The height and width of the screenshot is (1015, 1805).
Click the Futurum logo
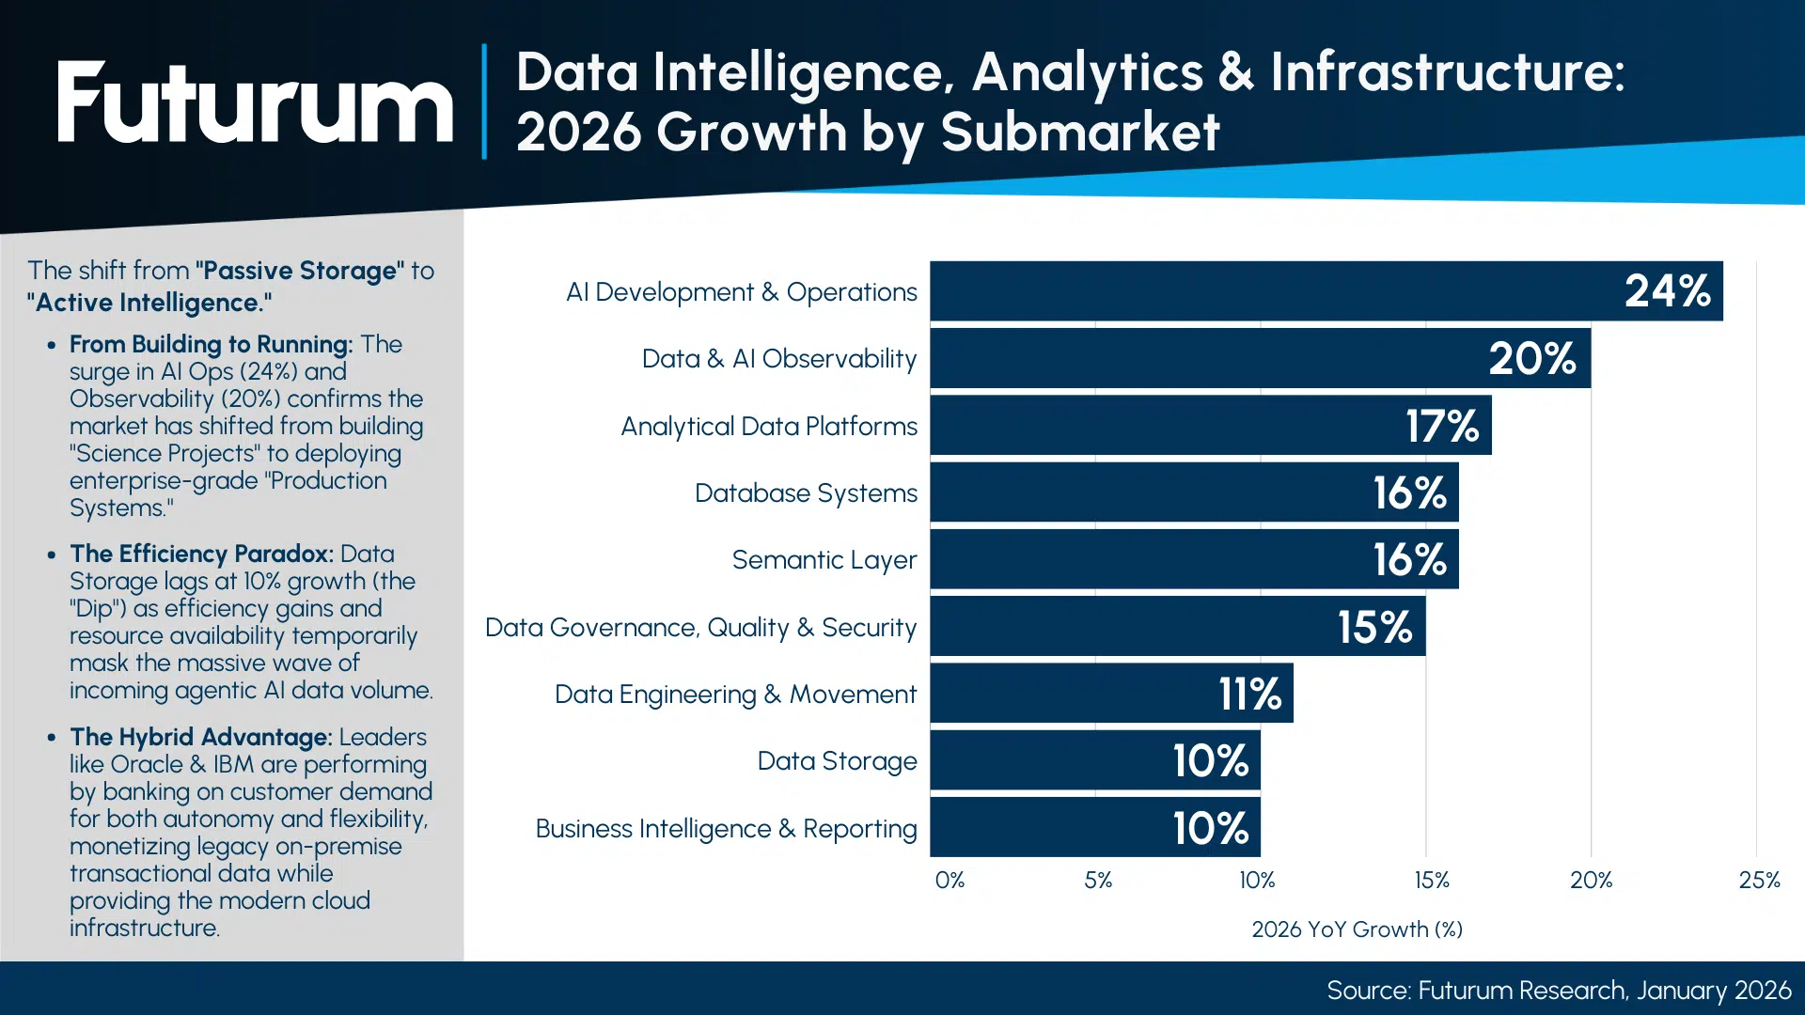(254, 103)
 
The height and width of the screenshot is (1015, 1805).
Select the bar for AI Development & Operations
(1316, 291)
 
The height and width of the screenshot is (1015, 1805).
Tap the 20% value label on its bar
(1531, 358)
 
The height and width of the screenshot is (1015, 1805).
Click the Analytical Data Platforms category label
(768, 427)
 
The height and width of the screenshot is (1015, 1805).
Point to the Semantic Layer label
(824, 560)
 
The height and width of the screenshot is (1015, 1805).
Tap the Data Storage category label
(837, 761)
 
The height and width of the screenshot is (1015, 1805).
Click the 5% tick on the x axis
(1097, 881)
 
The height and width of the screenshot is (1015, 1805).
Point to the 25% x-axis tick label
(1758, 881)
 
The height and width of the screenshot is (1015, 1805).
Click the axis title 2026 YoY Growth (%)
(1356, 929)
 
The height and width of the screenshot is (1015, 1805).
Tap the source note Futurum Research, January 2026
(1558, 991)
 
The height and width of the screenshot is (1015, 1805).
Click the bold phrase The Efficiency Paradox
(201, 554)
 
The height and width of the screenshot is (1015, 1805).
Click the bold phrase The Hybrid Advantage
(200, 737)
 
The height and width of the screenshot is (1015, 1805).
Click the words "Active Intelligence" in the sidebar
(149, 303)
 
